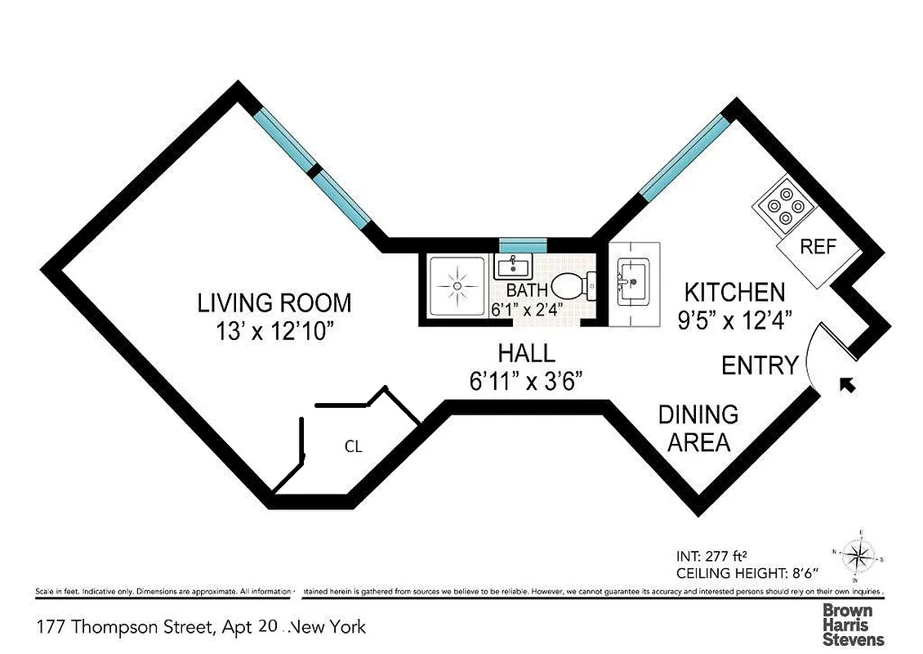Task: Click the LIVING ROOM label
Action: point(274,303)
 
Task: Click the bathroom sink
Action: point(512,265)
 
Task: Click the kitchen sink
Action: point(633,280)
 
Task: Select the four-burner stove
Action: point(783,205)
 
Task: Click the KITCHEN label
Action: point(734,292)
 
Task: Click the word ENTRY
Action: point(760,365)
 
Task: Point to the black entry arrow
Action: point(849,383)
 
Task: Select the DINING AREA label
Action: point(698,428)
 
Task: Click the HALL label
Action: point(527,353)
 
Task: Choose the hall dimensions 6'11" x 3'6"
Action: point(527,381)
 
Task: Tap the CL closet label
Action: point(353,447)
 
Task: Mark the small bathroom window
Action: point(523,244)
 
